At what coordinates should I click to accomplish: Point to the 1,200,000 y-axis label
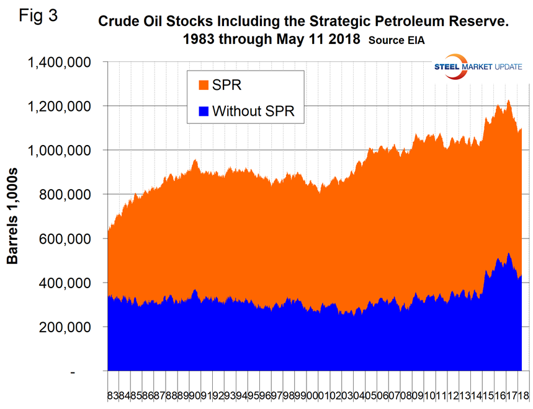click(59, 106)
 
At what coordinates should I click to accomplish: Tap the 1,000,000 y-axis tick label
click(59, 150)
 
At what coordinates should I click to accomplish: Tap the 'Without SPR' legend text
click(253, 112)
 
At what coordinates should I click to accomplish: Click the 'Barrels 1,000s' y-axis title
click(13, 216)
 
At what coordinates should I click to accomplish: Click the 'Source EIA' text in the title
click(397, 40)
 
